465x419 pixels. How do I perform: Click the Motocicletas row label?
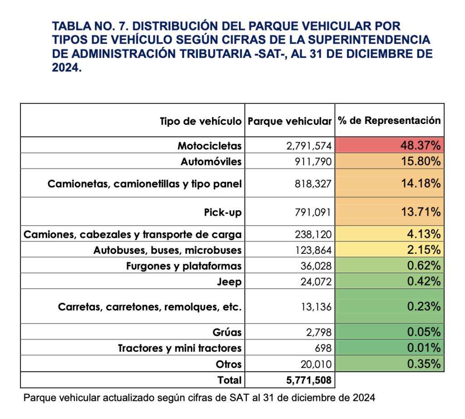pyautogui.click(x=209, y=146)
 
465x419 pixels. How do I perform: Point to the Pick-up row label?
pyautogui.click(x=223, y=212)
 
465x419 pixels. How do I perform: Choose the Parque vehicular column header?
pyautogui.click(x=290, y=121)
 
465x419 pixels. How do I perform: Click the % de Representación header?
pyautogui.click(x=389, y=120)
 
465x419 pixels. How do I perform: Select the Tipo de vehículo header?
pyautogui.click(x=200, y=121)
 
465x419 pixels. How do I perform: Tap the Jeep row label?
pyautogui.click(x=230, y=281)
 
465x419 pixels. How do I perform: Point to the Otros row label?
pyautogui.click(x=229, y=364)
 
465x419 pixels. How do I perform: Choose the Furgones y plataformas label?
pyautogui.click(x=183, y=266)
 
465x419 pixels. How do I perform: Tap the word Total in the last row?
pyautogui.click(x=229, y=380)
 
